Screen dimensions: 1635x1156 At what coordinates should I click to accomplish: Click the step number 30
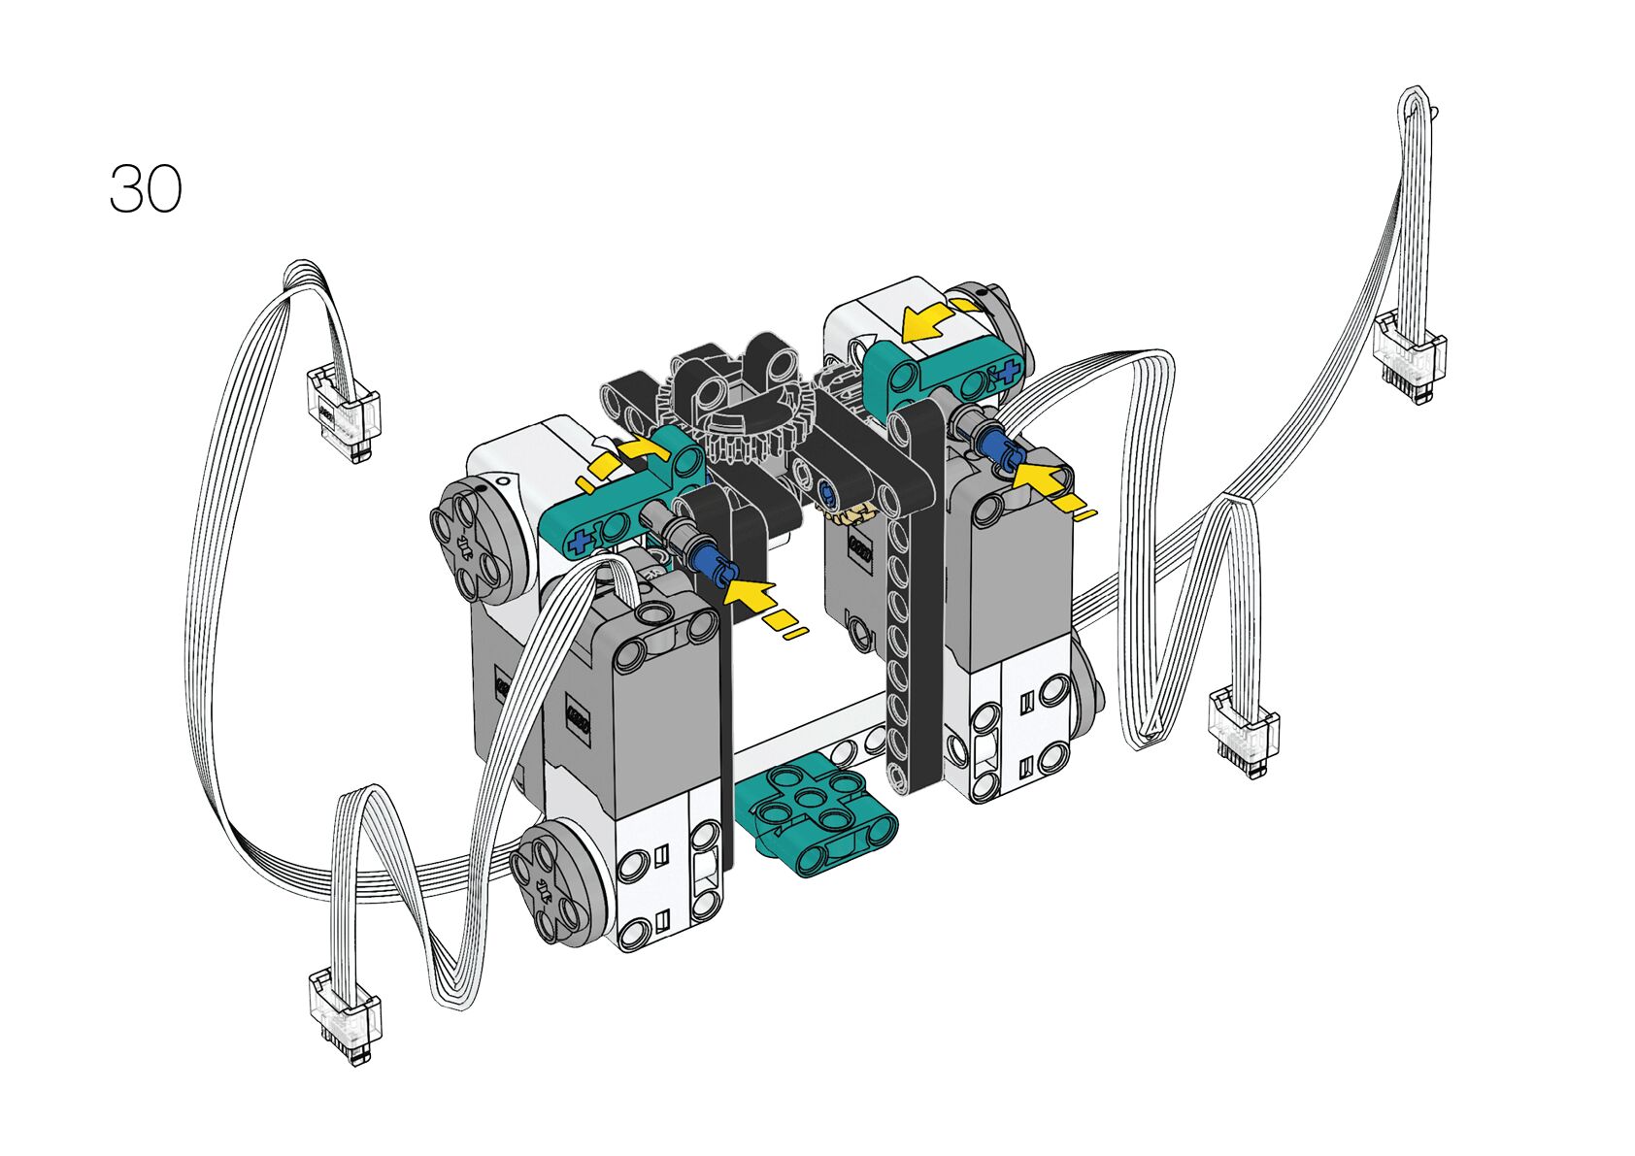click(x=146, y=189)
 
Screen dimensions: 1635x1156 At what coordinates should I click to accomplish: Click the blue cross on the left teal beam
click(x=582, y=543)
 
